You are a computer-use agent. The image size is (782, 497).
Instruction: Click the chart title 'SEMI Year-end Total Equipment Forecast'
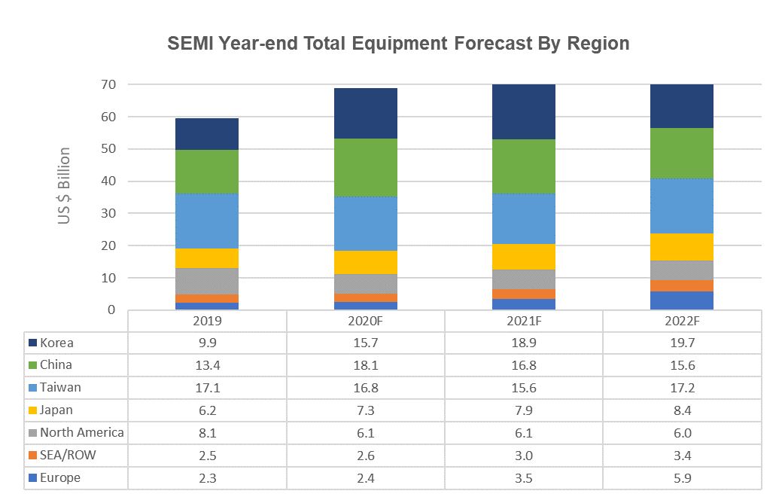tap(397, 44)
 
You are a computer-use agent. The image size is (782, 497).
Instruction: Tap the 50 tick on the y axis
tap(110, 149)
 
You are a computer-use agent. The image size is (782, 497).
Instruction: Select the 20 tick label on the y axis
tap(110, 246)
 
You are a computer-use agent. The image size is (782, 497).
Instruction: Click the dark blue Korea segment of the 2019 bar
tap(207, 134)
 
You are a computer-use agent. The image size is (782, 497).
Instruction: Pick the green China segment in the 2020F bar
tap(366, 167)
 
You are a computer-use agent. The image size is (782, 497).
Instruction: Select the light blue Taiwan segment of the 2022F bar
tap(682, 206)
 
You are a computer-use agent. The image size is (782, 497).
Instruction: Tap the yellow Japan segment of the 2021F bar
tap(524, 257)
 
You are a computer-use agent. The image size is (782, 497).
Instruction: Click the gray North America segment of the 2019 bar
tap(207, 281)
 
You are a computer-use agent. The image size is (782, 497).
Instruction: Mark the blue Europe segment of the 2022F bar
tap(682, 300)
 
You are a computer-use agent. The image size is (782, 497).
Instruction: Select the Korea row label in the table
tap(57, 343)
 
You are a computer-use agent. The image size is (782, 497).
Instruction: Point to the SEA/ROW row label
tap(68, 455)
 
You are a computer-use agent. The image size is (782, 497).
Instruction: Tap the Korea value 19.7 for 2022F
tap(682, 343)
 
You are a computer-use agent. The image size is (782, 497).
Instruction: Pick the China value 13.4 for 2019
tap(207, 365)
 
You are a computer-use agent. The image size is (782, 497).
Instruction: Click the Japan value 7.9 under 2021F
tap(524, 410)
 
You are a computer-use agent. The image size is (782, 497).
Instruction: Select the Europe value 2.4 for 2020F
tap(365, 477)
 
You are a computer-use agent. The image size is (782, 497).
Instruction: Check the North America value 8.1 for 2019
tap(207, 433)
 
